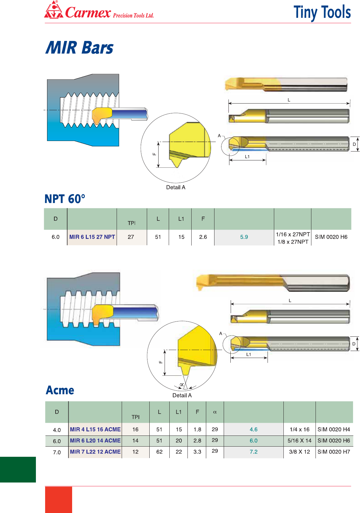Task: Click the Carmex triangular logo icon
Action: point(53,10)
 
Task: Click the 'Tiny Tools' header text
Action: point(322,13)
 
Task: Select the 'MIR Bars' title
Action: point(79,48)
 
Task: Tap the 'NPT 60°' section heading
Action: point(65,199)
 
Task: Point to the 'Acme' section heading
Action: point(60,390)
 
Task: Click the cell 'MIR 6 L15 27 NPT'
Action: point(92,237)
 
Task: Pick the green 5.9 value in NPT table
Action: point(244,237)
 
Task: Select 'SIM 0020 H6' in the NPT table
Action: point(331,237)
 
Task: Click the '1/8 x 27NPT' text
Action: point(293,242)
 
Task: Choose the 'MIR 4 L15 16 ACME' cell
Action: point(95,429)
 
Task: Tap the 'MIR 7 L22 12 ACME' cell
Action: point(95,452)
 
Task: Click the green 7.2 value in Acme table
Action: point(254,452)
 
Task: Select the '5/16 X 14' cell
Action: point(299,441)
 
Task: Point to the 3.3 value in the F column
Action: point(197,452)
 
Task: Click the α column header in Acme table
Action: point(215,412)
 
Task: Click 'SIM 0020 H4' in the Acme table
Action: point(334,429)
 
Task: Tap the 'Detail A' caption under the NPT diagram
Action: point(176,187)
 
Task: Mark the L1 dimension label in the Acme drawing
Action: point(249,354)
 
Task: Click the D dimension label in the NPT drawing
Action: point(354,144)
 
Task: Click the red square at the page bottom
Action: point(58,499)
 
